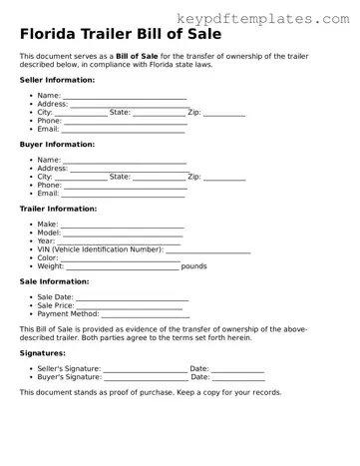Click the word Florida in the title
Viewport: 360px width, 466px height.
point(51,36)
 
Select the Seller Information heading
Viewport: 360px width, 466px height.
point(58,80)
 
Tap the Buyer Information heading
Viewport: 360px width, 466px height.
point(57,145)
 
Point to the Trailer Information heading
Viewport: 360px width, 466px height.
point(59,209)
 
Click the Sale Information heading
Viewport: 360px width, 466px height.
point(54,281)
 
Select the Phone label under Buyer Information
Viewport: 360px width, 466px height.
point(50,186)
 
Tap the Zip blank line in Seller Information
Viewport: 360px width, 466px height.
point(224,113)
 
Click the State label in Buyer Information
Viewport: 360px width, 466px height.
point(120,177)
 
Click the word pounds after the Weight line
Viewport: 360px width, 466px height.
point(194,266)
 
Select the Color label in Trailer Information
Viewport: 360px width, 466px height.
point(49,257)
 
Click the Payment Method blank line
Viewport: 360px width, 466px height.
point(146,315)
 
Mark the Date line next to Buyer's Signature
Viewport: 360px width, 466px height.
point(238,379)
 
